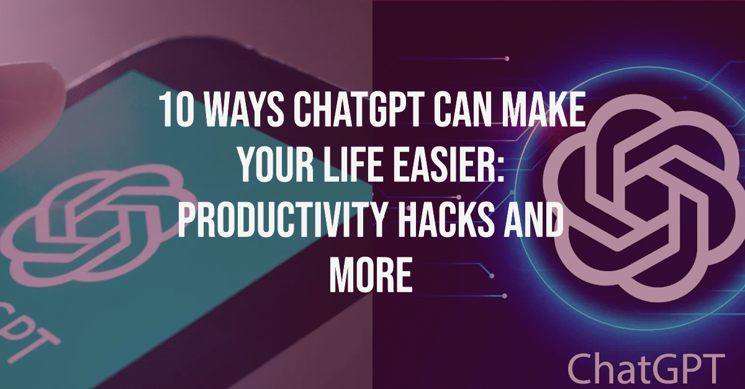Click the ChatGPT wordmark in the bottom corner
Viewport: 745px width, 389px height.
[646, 367]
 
